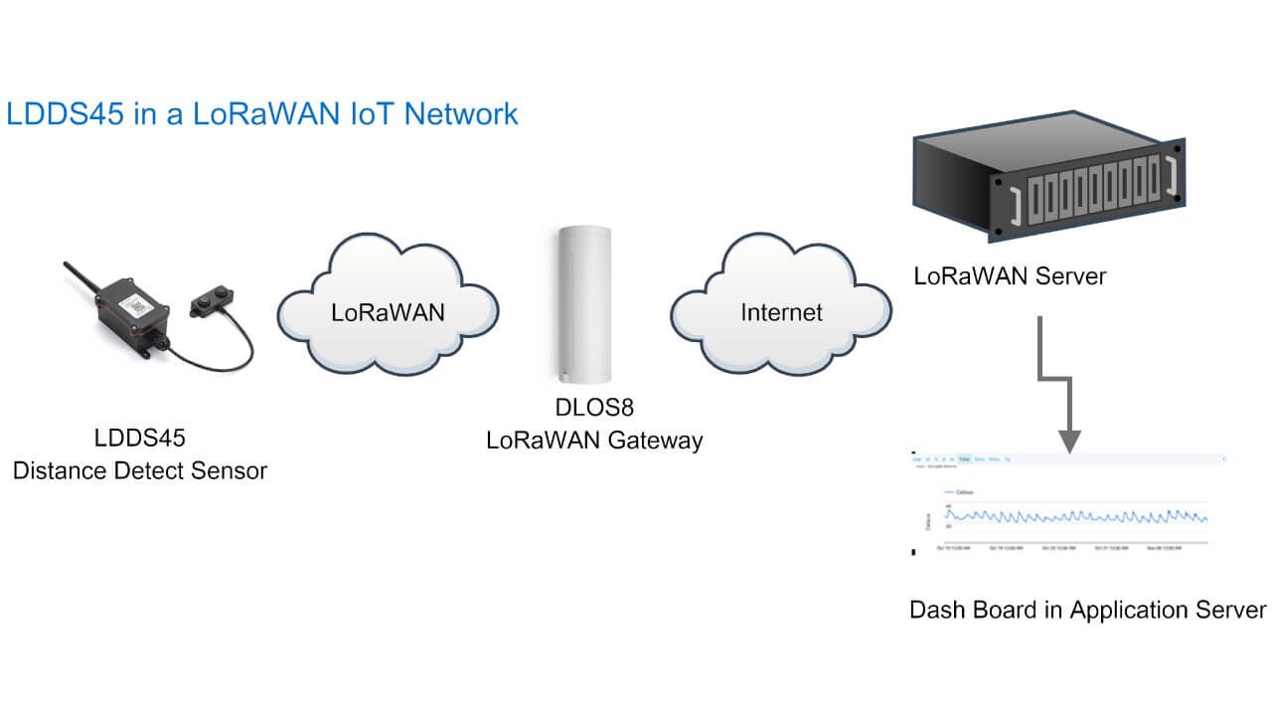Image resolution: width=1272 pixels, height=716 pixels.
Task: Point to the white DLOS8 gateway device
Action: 586,303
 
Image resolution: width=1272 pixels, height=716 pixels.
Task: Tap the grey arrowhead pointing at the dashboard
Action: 1069,439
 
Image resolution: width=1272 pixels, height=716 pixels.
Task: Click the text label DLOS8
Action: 594,408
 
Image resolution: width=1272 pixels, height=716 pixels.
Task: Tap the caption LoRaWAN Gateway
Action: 594,441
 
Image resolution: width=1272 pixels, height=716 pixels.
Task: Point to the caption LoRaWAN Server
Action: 1010,276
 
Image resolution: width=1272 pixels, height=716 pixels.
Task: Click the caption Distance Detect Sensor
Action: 140,470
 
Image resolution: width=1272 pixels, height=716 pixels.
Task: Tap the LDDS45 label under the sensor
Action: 140,438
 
